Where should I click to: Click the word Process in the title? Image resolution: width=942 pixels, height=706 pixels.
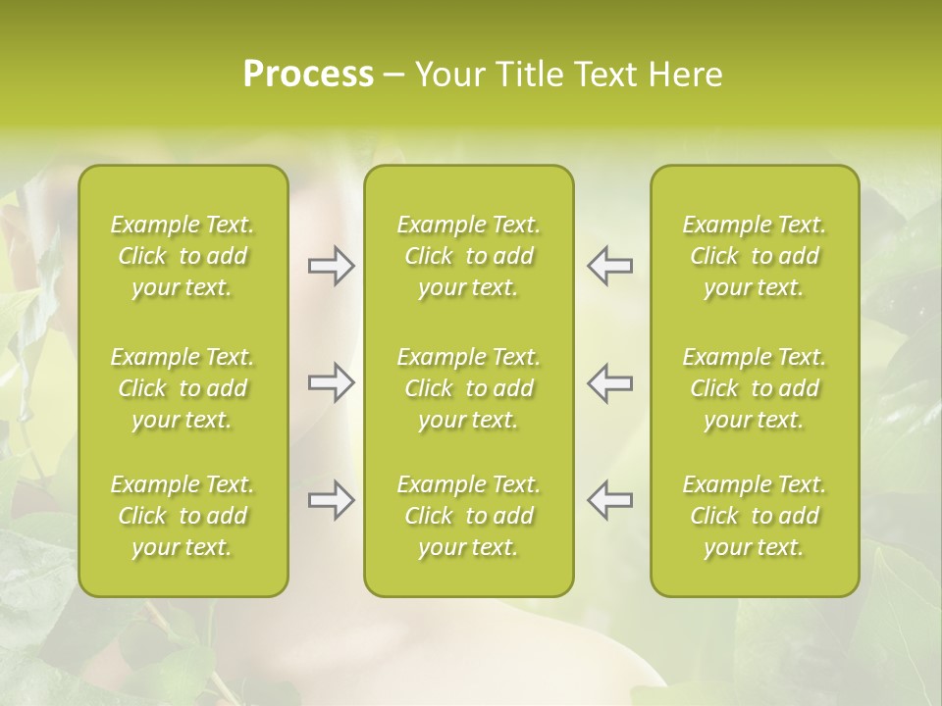pos(308,75)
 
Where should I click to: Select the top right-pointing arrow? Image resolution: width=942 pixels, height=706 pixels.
pos(331,266)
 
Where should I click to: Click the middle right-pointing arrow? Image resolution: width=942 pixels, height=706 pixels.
pos(331,382)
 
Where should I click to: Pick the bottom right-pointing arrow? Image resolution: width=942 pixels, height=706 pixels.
pos(331,500)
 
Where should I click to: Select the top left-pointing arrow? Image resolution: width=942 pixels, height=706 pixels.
pos(610,266)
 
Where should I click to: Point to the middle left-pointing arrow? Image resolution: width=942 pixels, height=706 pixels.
pos(610,382)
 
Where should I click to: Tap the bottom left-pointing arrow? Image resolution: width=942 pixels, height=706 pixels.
pos(610,500)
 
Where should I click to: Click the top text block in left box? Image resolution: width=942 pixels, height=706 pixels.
pos(183,256)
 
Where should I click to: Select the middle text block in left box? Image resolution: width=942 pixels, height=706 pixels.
pos(183,388)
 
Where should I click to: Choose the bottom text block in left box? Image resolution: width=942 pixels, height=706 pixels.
pos(183,516)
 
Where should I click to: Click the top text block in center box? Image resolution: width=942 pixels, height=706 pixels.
pos(469,256)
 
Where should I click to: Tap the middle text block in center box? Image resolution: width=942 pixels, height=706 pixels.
pos(469,388)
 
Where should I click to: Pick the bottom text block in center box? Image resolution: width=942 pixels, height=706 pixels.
pos(469,516)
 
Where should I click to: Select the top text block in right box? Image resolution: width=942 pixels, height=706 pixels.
pos(755,256)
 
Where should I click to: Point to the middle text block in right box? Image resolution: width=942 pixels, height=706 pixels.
pos(755,388)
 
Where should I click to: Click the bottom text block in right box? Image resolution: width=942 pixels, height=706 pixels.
pos(755,516)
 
